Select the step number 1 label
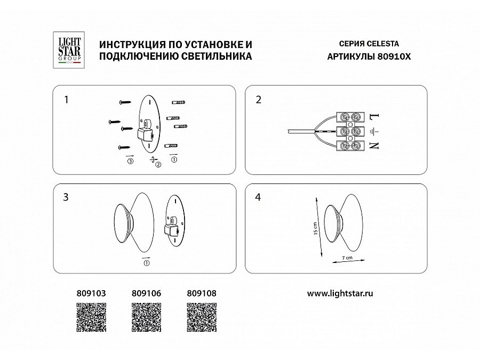click(66, 99)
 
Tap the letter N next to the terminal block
click(373, 145)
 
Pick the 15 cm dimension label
click(316, 229)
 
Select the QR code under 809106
click(146, 318)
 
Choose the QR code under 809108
click(202, 318)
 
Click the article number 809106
click(146, 293)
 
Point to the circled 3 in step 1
click(130, 161)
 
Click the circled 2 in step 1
click(158, 165)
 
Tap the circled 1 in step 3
click(147, 262)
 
